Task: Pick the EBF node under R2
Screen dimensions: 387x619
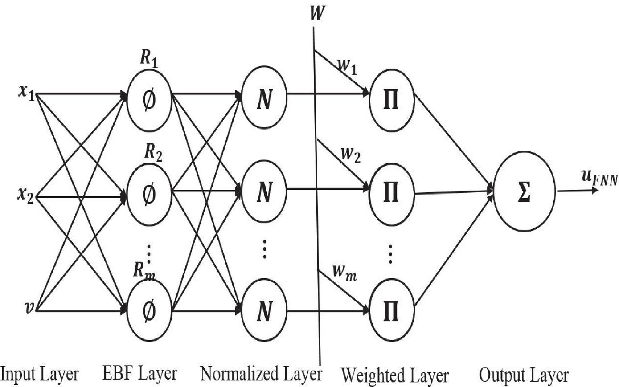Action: coord(149,194)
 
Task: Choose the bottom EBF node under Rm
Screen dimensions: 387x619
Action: coord(149,310)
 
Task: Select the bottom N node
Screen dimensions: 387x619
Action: coord(264,310)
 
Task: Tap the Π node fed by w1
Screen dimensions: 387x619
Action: coord(392,98)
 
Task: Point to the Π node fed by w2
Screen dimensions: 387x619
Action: coord(392,194)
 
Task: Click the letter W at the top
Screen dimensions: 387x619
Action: coord(316,13)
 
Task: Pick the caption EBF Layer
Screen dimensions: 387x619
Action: coord(139,373)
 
